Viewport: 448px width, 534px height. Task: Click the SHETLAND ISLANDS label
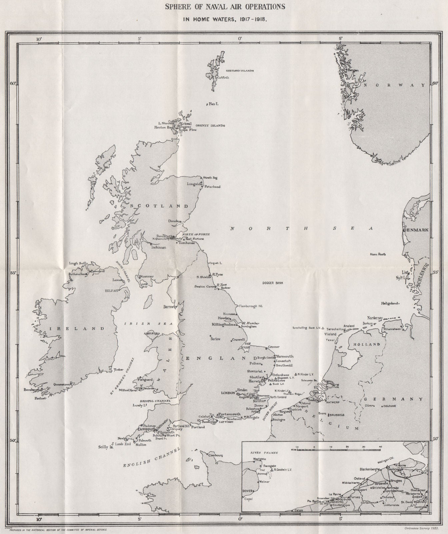[x=240, y=71]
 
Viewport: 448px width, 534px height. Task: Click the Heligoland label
[x=390, y=303]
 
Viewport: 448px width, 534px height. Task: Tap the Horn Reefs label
[x=378, y=255]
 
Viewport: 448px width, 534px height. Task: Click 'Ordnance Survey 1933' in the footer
[x=422, y=528]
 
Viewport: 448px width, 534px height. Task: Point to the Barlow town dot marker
[x=211, y=336]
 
